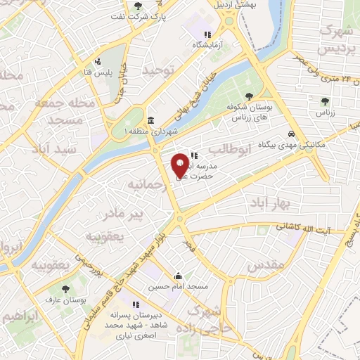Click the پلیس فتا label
click(97, 72)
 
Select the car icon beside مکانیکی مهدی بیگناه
click(290, 134)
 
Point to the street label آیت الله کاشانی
click(303, 227)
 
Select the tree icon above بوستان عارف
click(66, 288)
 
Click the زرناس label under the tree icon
click(324, 113)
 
